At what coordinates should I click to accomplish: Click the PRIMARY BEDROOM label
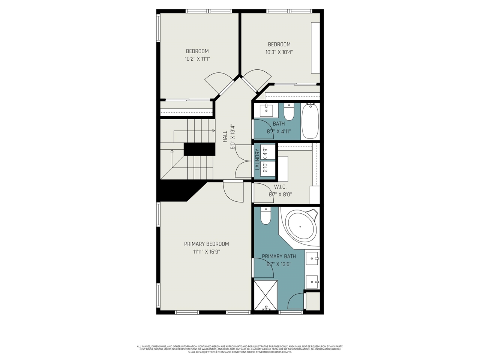(x=206, y=244)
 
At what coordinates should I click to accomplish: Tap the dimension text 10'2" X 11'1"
(x=197, y=59)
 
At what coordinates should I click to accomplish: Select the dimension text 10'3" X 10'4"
(x=279, y=52)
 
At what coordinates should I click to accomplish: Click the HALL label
(x=225, y=136)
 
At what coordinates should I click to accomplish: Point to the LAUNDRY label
(x=258, y=160)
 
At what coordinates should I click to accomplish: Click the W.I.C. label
(x=280, y=187)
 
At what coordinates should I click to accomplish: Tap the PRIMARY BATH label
(x=279, y=256)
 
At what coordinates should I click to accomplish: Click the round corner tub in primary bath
(x=301, y=226)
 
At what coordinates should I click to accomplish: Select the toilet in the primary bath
(x=266, y=217)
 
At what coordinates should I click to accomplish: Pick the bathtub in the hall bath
(x=310, y=121)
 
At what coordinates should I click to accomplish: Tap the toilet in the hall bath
(x=289, y=112)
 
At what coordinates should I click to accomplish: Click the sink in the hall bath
(x=267, y=110)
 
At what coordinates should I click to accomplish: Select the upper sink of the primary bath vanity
(x=312, y=259)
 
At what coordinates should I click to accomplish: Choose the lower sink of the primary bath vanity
(x=312, y=280)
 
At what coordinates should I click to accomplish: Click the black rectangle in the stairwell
(x=199, y=149)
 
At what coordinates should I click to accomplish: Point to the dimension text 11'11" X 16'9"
(x=206, y=252)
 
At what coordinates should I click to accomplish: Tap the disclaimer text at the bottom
(x=240, y=349)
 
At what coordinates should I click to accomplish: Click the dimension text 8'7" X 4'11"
(x=279, y=132)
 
